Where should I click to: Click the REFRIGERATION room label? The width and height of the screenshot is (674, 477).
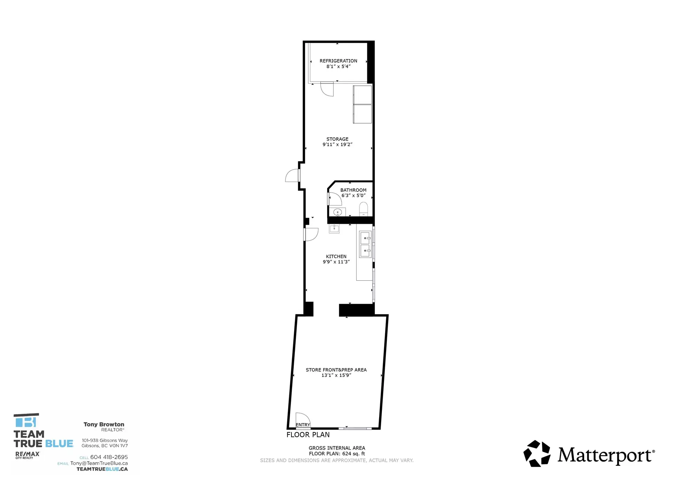pos(338,61)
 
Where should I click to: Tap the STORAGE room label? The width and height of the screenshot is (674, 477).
pos(337,139)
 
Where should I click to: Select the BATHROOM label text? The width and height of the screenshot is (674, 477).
pos(353,190)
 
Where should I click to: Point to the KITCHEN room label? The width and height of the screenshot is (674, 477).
pos(336,256)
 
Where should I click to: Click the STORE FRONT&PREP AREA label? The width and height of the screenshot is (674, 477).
pos(336,370)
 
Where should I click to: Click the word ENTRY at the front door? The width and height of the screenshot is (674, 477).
pos(303,425)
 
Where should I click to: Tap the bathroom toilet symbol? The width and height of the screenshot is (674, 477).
pos(363,209)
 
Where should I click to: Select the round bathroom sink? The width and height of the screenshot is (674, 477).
pos(337,212)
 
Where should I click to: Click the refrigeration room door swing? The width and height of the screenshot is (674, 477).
pos(327,89)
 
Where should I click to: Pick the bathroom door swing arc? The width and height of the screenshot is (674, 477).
pos(335,199)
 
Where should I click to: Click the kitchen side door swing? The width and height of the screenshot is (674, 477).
pos(311,234)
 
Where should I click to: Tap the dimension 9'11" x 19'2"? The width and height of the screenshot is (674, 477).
pos(337,144)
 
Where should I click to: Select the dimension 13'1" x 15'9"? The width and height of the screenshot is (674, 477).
pos(336,375)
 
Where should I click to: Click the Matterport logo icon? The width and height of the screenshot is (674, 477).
pos(537,453)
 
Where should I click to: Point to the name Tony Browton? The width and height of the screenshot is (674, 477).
pos(104,424)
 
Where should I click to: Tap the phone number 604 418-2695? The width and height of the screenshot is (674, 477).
pos(109,457)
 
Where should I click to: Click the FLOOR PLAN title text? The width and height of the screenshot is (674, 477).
pos(308,435)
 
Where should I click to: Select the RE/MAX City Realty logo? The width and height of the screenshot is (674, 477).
pos(27,455)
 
